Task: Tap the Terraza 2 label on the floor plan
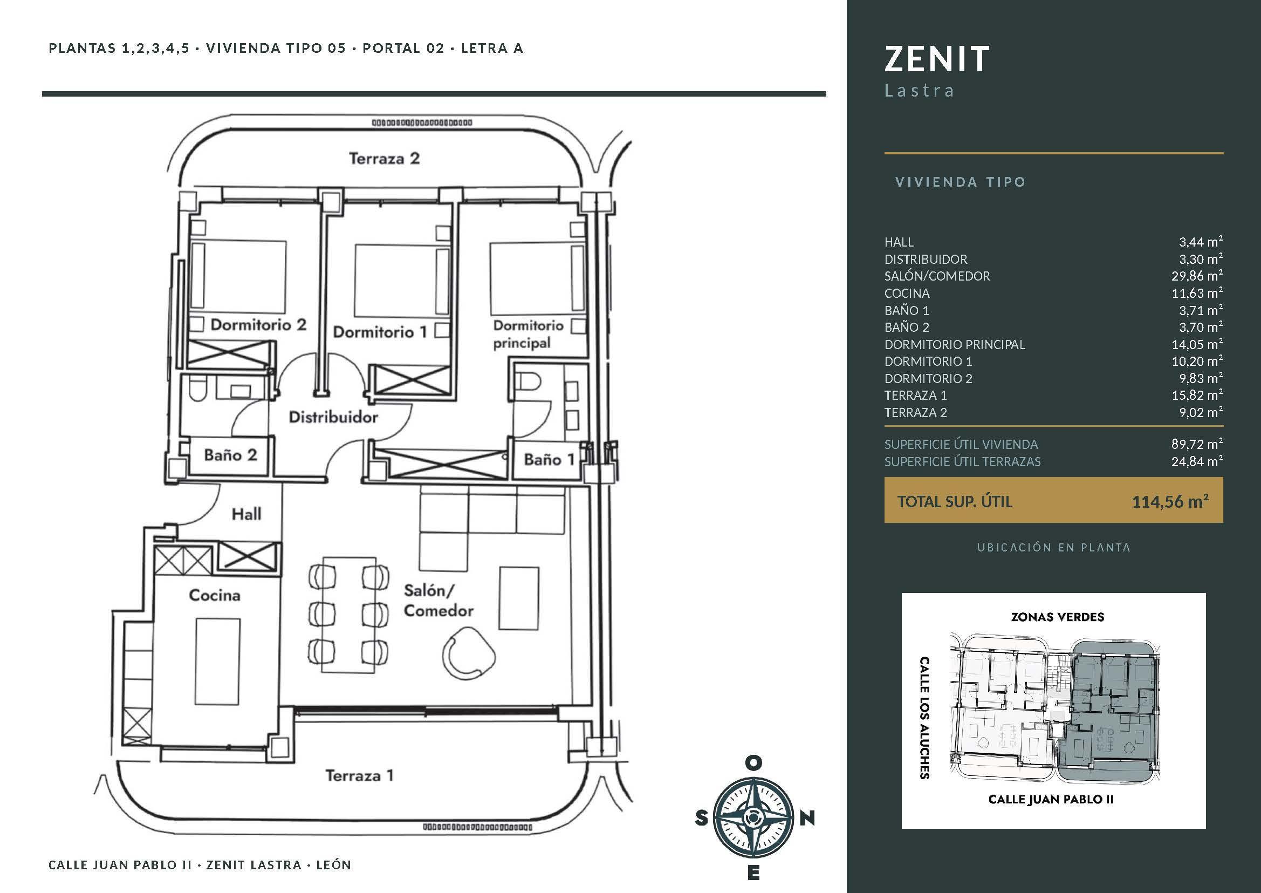(384, 158)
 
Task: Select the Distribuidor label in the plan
(334, 417)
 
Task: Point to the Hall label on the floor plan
(246, 514)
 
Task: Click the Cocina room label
(214, 595)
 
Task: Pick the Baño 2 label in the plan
(230, 455)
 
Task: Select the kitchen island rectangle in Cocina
(217, 661)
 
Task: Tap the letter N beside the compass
(807, 819)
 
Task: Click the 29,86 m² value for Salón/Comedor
(1197, 276)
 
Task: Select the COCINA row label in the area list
(907, 293)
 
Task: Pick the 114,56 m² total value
(1170, 501)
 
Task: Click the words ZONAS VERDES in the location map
(1058, 617)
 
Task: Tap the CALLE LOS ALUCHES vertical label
(924, 718)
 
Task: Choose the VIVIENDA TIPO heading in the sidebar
(961, 182)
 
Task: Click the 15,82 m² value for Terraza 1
(1197, 395)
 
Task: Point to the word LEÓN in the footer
(334, 865)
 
